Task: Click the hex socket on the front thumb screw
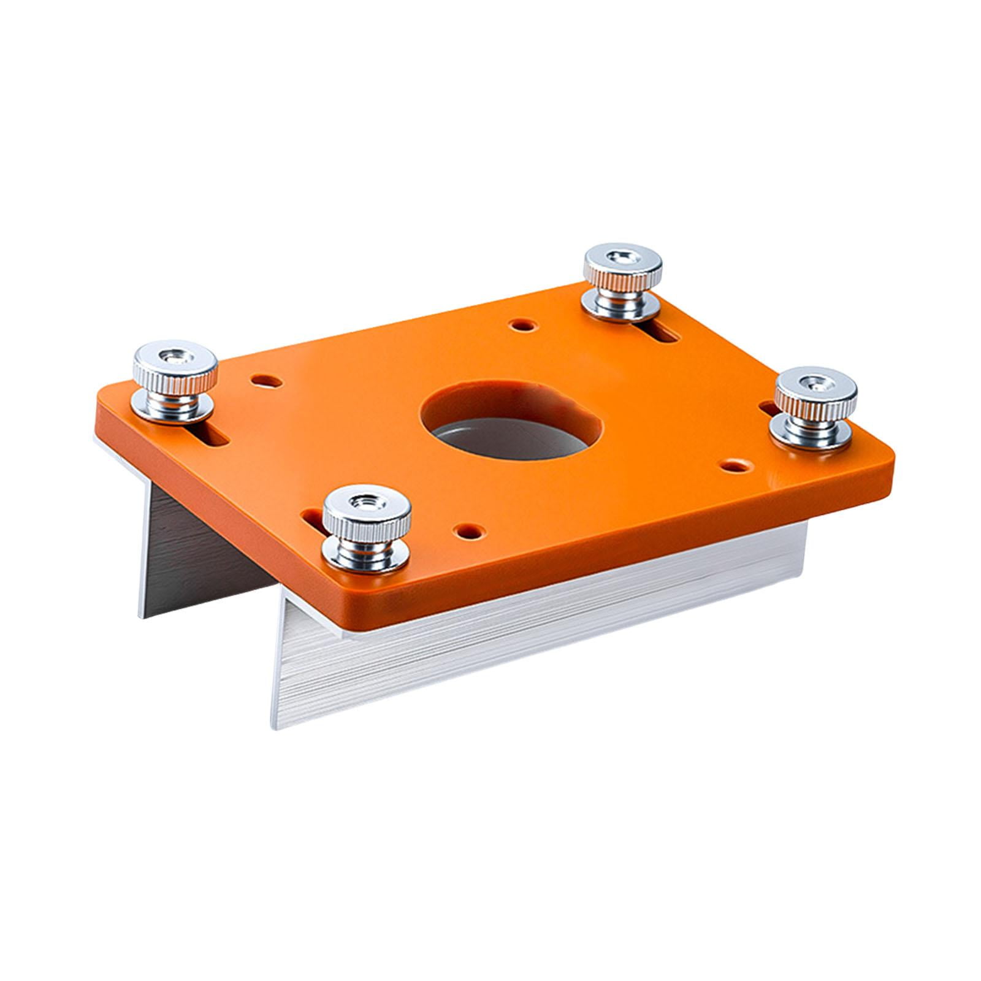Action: coord(367,504)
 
